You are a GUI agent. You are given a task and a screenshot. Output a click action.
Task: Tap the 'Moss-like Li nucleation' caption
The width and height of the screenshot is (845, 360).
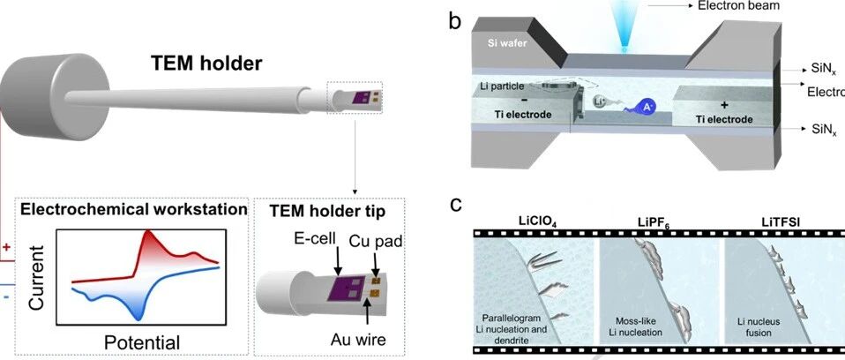[x=639, y=327]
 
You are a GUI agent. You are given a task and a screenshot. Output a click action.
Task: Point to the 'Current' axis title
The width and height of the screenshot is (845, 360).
[x=36, y=278]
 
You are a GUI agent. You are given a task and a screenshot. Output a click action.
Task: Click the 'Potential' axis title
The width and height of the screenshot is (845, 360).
[x=142, y=342]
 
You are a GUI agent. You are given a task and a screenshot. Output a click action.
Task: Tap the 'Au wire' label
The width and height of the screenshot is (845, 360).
[x=358, y=340]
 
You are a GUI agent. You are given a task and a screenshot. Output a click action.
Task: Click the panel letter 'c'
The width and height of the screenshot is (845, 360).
[x=456, y=206]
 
